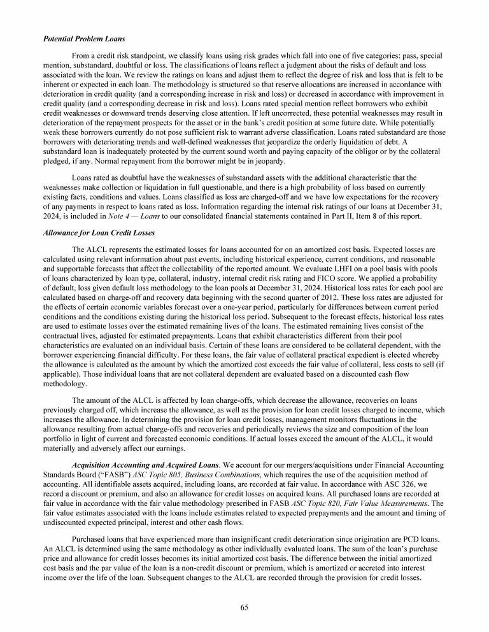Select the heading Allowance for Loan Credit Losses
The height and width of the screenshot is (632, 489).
90,233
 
